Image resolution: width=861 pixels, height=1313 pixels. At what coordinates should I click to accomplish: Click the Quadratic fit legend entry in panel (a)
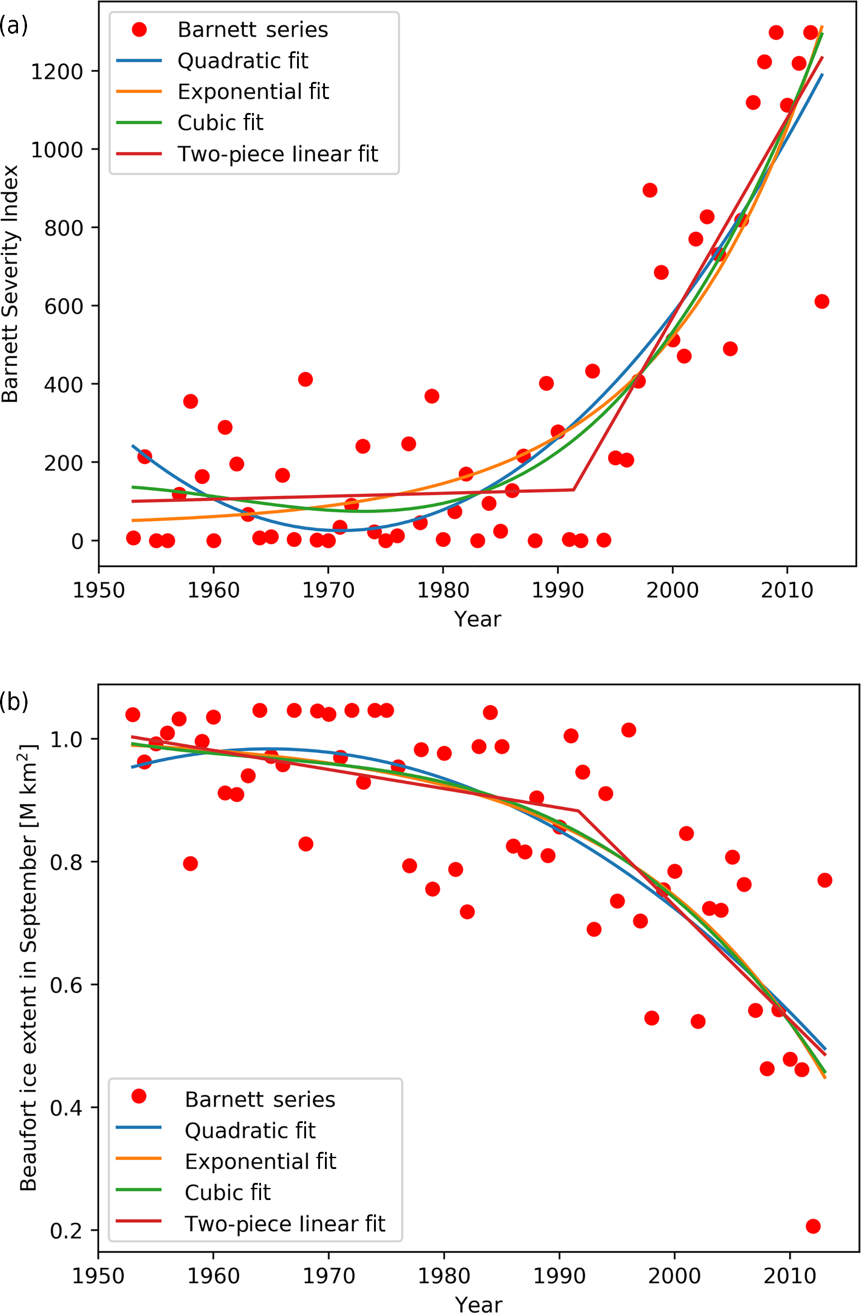(x=243, y=61)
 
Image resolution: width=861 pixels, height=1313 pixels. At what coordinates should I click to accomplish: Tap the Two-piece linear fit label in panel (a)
(x=277, y=154)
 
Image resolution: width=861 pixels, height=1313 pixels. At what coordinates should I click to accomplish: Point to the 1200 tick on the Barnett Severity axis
(x=57, y=72)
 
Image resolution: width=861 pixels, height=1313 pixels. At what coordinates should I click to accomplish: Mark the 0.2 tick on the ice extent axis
(x=66, y=1231)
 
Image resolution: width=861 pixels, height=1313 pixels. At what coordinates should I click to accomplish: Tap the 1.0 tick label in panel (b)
(x=66, y=739)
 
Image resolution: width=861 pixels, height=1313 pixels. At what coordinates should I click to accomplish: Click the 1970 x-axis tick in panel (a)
(x=328, y=590)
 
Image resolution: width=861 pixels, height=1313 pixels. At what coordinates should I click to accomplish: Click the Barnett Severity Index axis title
(x=10, y=284)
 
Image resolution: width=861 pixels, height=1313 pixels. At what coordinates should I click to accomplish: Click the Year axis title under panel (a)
(x=478, y=619)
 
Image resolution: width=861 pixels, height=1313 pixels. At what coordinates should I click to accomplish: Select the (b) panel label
(x=14, y=702)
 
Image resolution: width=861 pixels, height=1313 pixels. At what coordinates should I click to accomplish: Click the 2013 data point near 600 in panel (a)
(x=822, y=301)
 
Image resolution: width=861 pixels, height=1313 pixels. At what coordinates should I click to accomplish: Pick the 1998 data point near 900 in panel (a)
(x=650, y=190)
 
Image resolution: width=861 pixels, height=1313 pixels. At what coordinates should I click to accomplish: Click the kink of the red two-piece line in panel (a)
(x=574, y=489)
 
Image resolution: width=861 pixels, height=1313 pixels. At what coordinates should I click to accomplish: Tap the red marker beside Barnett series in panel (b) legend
(x=139, y=1096)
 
